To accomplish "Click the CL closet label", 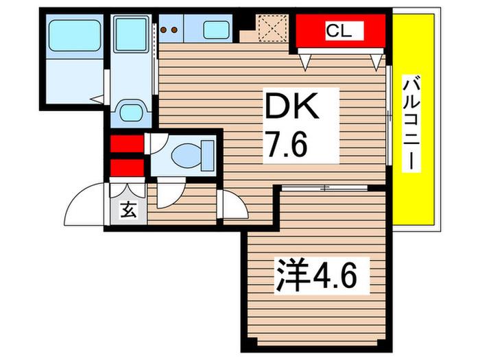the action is (339, 31).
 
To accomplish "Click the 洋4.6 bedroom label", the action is (317, 277).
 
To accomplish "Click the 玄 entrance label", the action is (129, 210).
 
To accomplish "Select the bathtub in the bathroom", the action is (75, 36).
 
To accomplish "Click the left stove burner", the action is (163, 29).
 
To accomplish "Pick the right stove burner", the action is (174, 29).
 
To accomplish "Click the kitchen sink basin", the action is (216, 30).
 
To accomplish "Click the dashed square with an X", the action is (272, 28).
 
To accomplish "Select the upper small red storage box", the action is (127, 143).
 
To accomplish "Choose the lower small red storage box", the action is (127, 168).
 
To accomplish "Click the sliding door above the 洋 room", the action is (324, 188).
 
